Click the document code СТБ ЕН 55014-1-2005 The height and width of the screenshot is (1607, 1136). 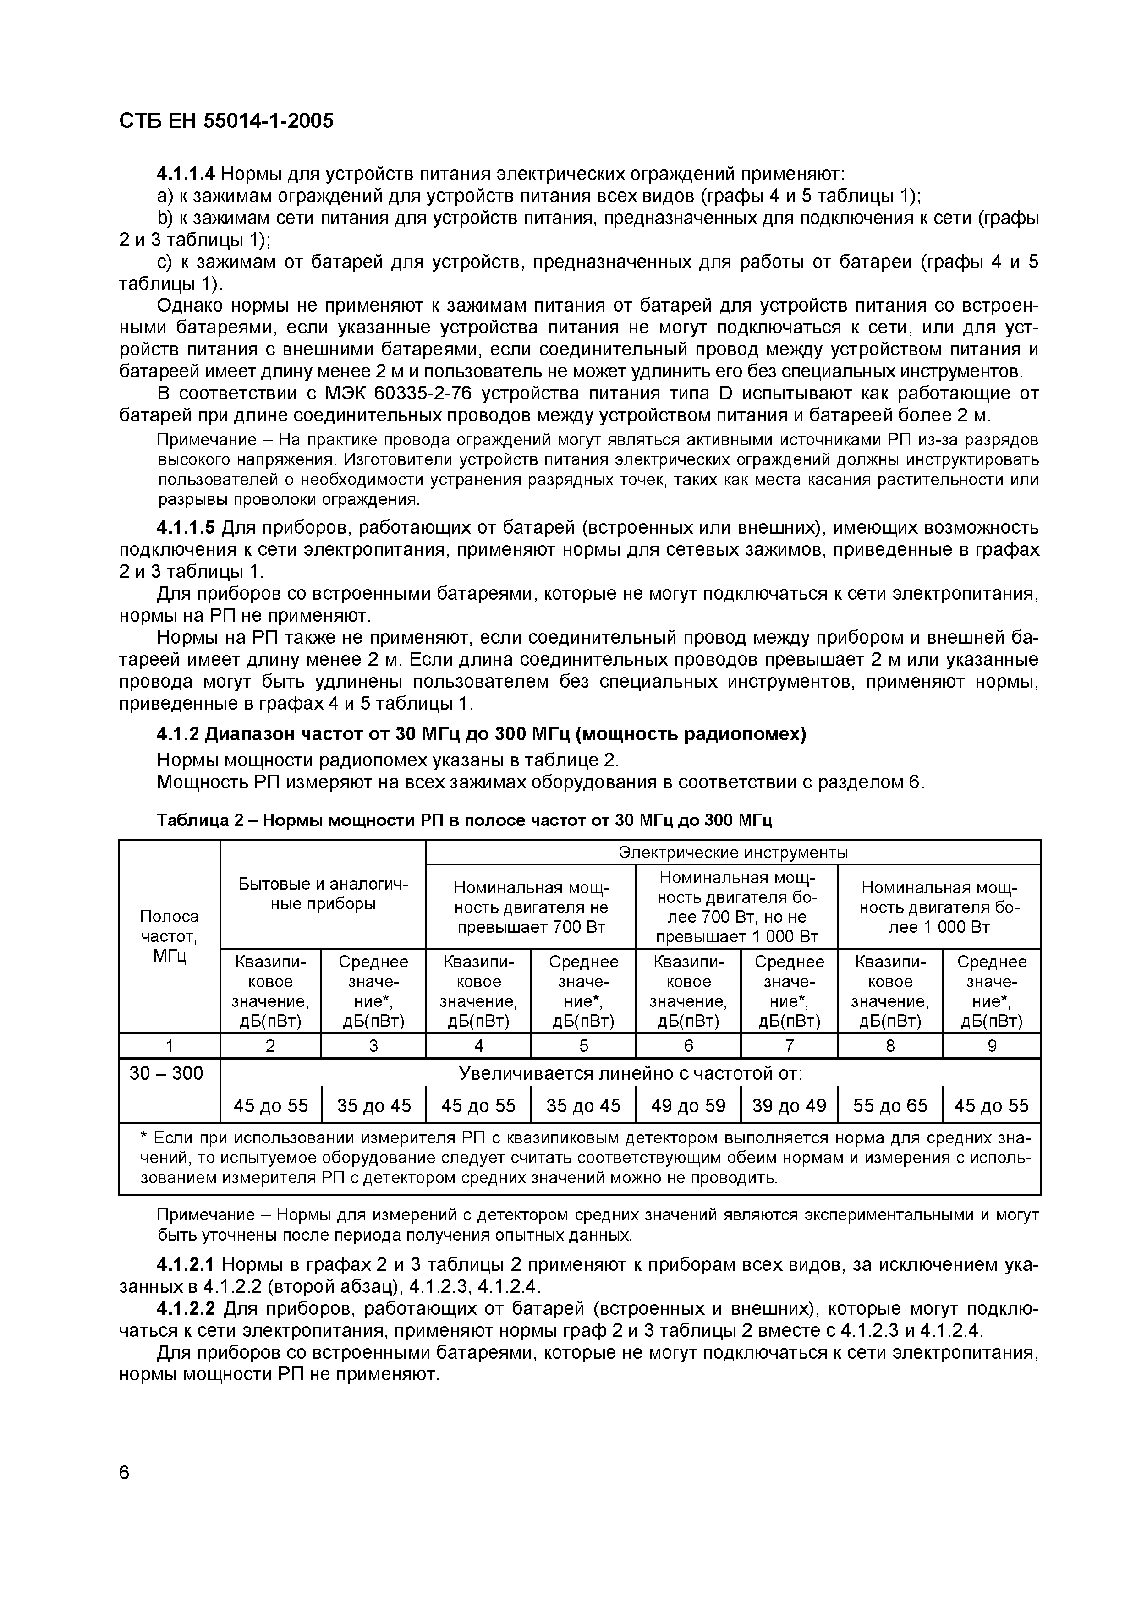click(226, 121)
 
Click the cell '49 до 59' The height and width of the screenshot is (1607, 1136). click(687, 1106)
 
